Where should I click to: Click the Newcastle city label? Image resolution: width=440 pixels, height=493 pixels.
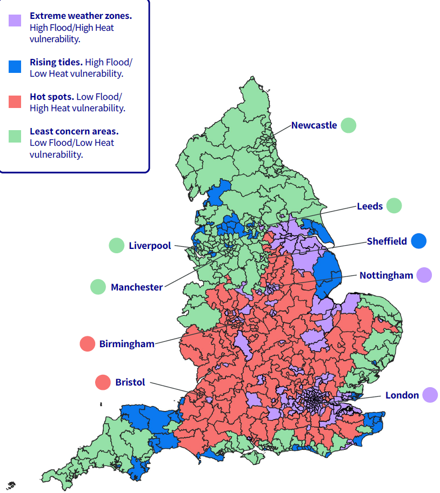pyautogui.click(x=314, y=125)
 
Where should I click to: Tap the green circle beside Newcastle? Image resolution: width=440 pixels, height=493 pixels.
pyautogui.click(x=349, y=125)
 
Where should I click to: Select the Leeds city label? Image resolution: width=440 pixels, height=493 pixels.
pyautogui.click(x=370, y=206)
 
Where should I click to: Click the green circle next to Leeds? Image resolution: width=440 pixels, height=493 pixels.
pyautogui.click(x=394, y=206)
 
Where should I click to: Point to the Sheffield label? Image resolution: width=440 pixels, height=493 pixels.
pyautogui.click(x=386, y=241)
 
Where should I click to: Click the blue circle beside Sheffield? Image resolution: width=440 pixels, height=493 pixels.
pyautogui.click(x=418, y=241)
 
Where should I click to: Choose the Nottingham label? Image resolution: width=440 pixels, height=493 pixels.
pyautogui.click(x=386, y=275)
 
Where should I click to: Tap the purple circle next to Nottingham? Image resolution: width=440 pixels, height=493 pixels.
pyautogui.click(x=424, y=275)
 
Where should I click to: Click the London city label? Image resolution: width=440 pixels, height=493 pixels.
pyautogui.click(x=402, y=395)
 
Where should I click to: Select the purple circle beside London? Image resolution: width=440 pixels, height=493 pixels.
pyautogui.click(x=430, y=395)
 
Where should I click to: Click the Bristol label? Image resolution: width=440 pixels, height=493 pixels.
pyautogui.click(x=130, y=382)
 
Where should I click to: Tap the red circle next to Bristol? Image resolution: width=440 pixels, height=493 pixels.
pyautogui.click(x=103, y=382)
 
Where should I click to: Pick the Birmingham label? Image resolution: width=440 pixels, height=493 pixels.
pyautogui.click(x=126, y=344)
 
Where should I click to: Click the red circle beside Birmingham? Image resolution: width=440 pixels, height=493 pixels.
pyautogui.click(x=87, y=343)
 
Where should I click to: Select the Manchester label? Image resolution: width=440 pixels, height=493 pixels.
pyautogui.click(x=136, y=287)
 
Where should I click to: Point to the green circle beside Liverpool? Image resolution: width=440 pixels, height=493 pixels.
pyautogui.click(x=116, y=246)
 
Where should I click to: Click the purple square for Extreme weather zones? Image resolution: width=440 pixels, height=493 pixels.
pyautogui.click(x=15, y=21)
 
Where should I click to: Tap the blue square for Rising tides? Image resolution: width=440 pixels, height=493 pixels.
pyautogui.click(x=15, y=66)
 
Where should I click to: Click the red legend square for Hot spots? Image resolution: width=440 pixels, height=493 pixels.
pyautogui.click(x=15, y=101)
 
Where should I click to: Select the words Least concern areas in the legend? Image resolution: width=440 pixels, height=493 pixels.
pyautogui.click(x=74, y=131)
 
